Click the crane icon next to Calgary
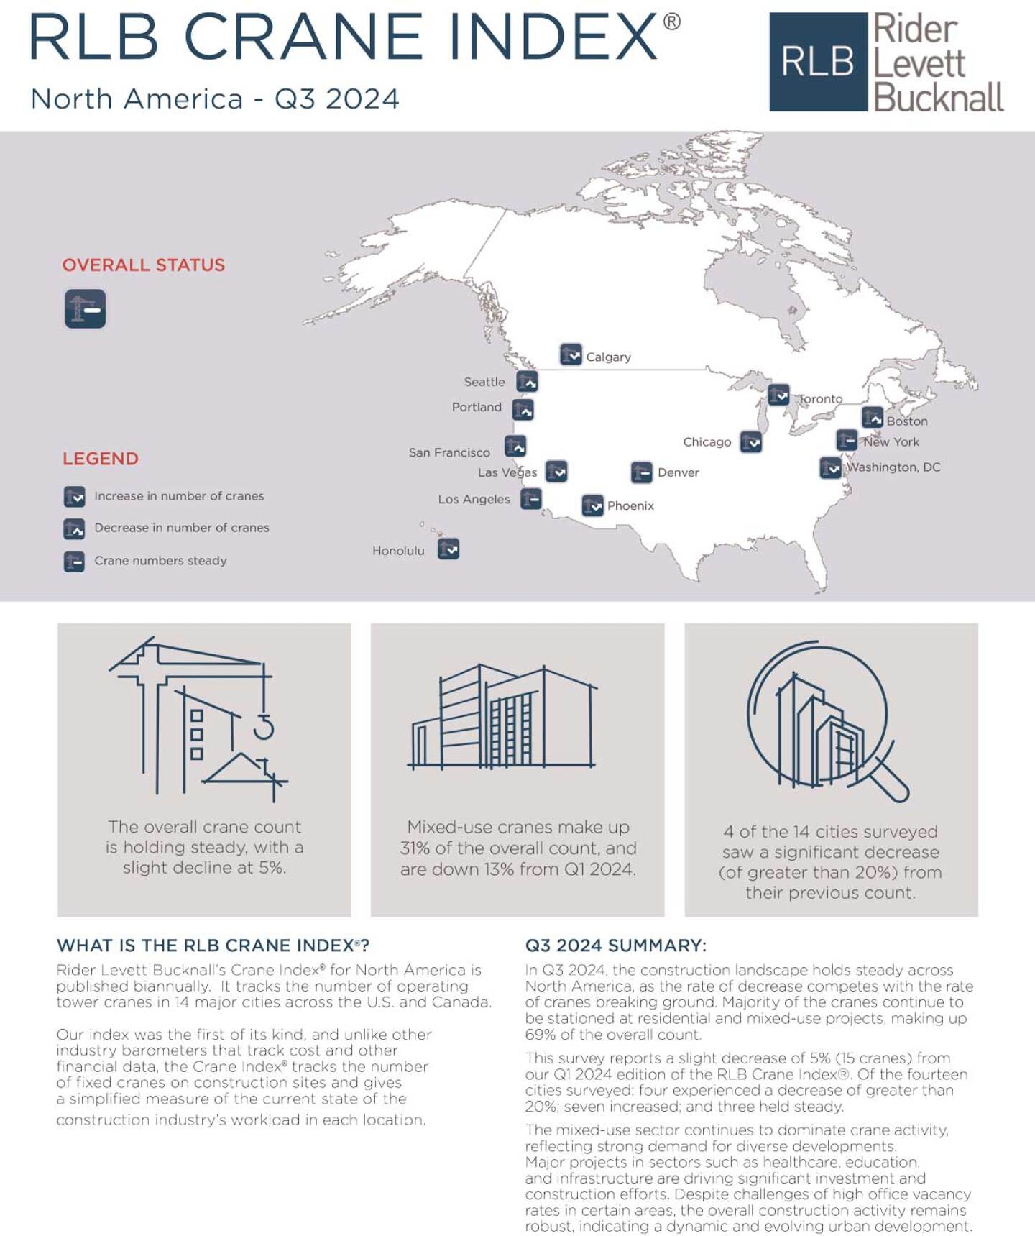(x=571, y=354)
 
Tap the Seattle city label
(x=484, y=382)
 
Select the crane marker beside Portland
(x=523, y=410)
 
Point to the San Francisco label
(x=449, y=452)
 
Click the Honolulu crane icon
(x=448, y=549)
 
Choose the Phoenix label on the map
(x=630, y=505)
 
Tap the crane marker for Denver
(x=641, y=472)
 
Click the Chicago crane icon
(x=751, y=442)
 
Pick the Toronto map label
(x=821, y=399)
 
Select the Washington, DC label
(x=893, y=467)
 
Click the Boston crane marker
(x=873, y=418)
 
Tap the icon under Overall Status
(x=86, y=308)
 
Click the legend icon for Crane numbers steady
(x=74, y=561)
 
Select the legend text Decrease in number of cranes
(x=182, y=528)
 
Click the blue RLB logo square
(x=818, y=62)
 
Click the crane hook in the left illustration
(x=264, y=728)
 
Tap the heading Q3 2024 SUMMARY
(x=616, y=946)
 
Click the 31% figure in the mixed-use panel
(x=415, y=848)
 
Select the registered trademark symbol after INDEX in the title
(x=671, y=22)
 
